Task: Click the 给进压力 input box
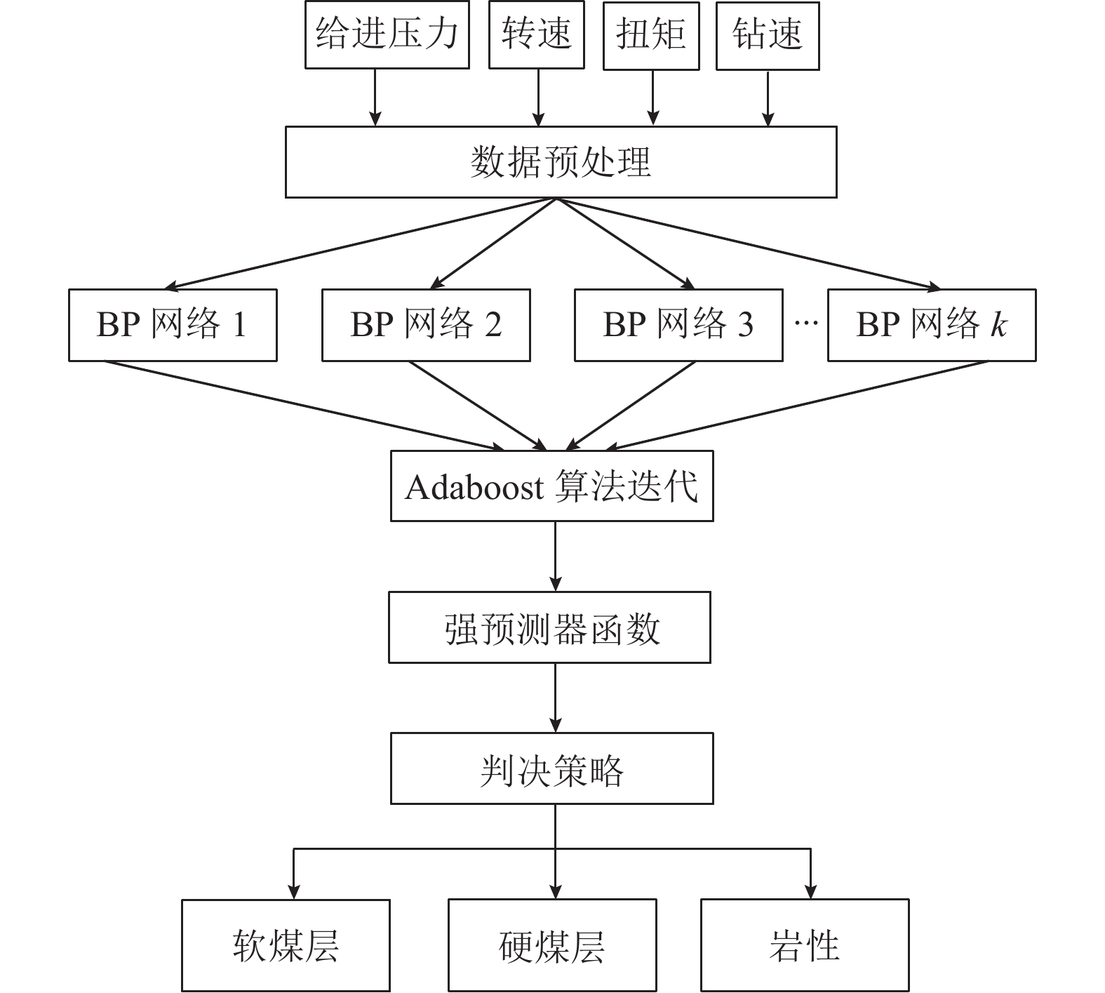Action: point(387,34)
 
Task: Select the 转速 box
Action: point(536,34)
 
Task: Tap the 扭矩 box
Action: point(651,34)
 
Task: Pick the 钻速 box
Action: point(767,34)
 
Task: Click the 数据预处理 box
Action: point(561,162)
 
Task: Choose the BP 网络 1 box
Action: point(173,325)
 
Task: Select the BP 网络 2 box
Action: point(426,325)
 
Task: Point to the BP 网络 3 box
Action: point(678,325)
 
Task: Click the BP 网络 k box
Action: point(932,325)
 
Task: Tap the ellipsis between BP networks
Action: point(805,324)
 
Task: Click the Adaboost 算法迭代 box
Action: point(551,486)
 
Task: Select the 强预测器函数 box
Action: point(549,627)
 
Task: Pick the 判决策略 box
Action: point(551,769)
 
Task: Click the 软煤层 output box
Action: point(286,945)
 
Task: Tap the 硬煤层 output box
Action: point(552,945)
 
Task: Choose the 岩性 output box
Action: point(805,945)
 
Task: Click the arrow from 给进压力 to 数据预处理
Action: point(375,98)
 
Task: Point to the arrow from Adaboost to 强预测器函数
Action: point(556,556)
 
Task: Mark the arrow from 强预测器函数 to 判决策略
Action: point(556,698)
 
